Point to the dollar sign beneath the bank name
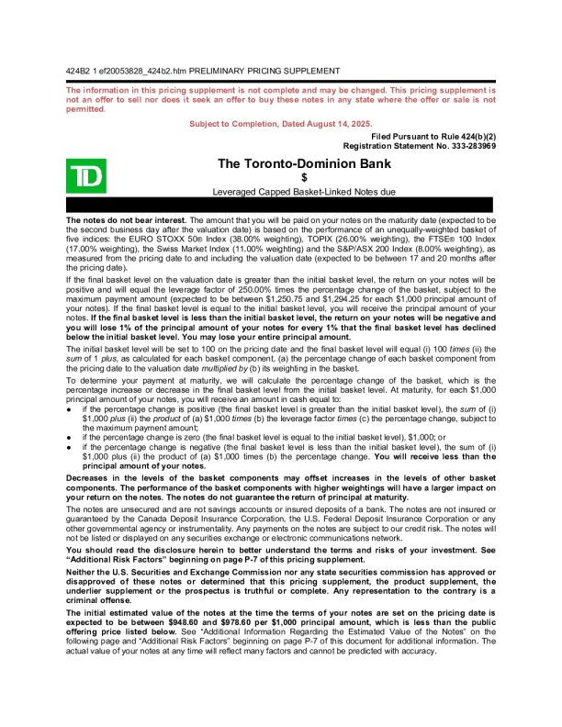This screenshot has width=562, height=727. tap(304, 177)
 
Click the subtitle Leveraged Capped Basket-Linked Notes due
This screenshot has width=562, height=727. tap(304, 192)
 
